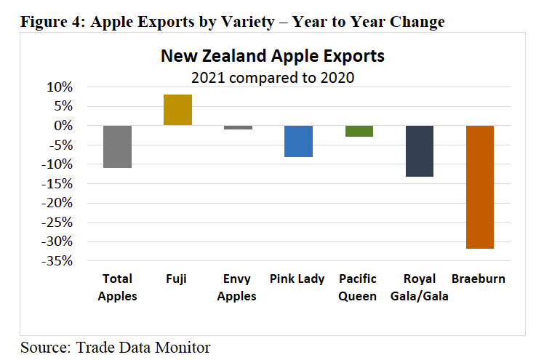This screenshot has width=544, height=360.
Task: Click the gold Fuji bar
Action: click(x=177, y=110)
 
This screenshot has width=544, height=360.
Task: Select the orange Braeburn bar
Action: click(x=480, y=187)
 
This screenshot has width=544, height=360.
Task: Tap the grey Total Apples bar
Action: click(x=117, y=146)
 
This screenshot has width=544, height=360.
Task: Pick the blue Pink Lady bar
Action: click(x=298, y=141)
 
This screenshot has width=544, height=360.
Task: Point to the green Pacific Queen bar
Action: click(x=359, y=131)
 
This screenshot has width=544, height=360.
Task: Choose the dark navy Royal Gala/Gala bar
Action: click(x=420, y=151)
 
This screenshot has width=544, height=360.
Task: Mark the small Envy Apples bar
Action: click(x=238, y=127)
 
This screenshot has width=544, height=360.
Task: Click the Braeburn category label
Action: click(x=479, y=279)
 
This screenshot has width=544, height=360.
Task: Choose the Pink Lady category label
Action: click(x=297, y=279)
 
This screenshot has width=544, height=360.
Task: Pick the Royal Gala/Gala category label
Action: click(x=419, y=287)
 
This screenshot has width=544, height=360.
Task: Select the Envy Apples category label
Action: click(x=238, y=287)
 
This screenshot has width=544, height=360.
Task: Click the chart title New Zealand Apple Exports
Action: click(x=272, y=56)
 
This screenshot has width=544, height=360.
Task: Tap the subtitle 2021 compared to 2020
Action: click(x=272, y=76)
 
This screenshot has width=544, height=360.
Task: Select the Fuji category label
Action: click(x=177, y=279)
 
